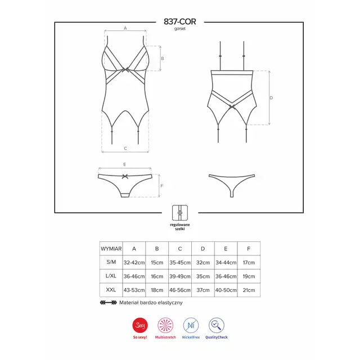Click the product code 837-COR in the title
point(180,21)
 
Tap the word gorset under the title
point(180,29)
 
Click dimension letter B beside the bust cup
point(163,58)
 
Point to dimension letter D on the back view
point(271,98)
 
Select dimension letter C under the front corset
point(125,148)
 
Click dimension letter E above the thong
point(125,164)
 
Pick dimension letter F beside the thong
point(162,186)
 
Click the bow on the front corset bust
point(125,70)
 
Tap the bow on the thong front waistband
point(125,176)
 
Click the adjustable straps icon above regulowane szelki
point(180,213)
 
